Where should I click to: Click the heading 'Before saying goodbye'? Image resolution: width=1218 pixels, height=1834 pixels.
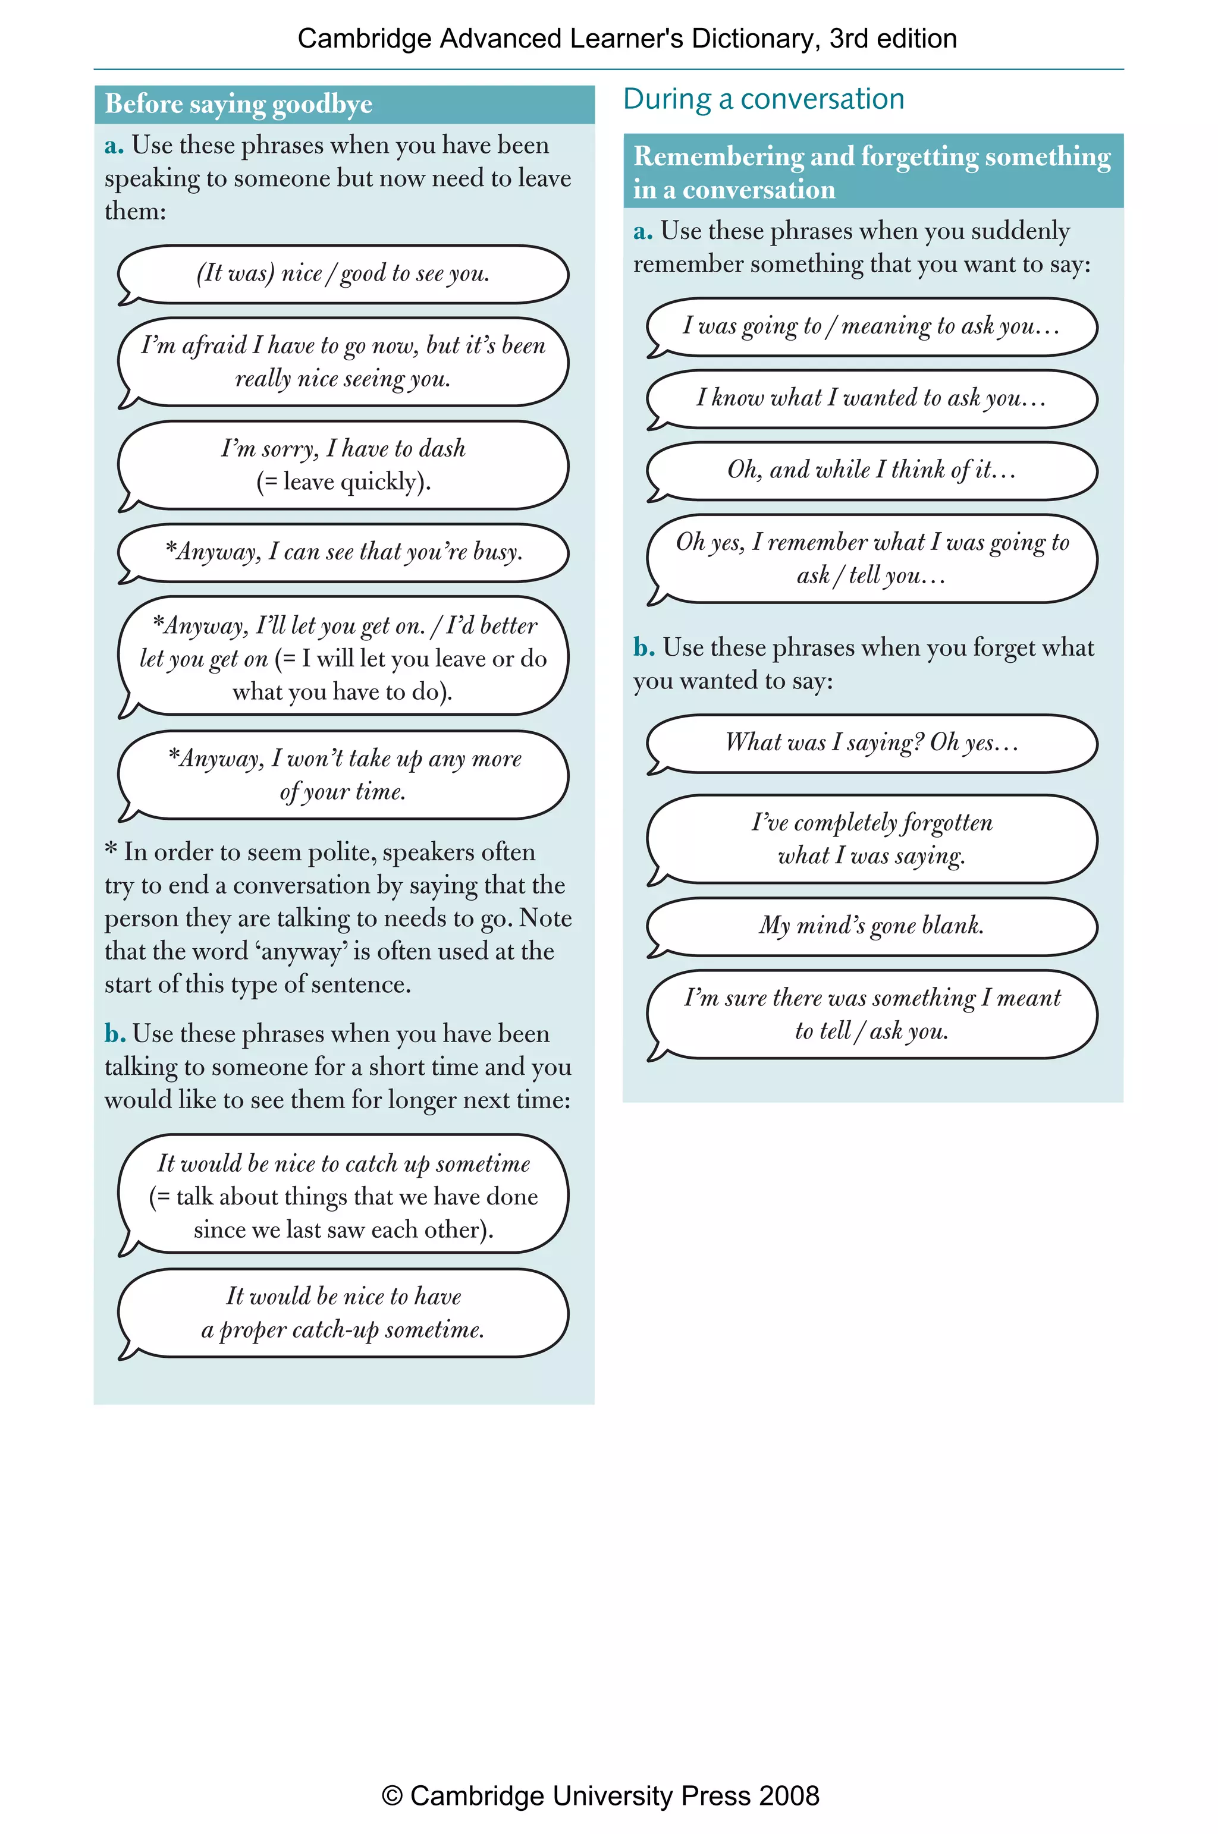238,104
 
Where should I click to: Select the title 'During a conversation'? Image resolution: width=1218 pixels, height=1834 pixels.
763,99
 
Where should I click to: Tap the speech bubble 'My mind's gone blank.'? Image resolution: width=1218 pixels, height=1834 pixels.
871,926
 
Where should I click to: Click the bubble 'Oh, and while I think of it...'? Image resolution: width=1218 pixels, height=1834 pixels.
871,470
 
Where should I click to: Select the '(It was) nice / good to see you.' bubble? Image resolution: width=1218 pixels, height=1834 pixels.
343,273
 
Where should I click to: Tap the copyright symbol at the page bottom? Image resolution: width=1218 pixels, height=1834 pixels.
393,1796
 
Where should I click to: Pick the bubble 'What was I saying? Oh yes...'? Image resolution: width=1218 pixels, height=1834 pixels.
871,743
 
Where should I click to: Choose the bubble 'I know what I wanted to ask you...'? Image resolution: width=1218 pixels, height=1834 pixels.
871,398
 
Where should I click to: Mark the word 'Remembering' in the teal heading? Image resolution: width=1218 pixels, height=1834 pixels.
718,156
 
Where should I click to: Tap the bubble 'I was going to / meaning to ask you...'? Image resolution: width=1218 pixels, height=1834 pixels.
871,326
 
